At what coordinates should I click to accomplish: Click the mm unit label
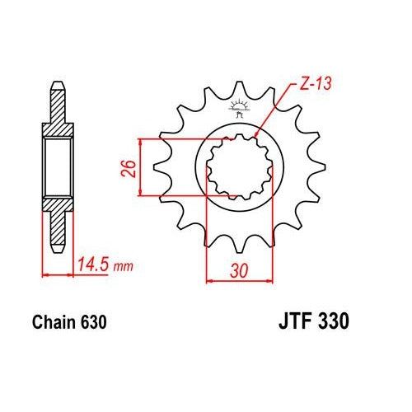122,266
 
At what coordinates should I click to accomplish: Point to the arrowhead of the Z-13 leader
259,134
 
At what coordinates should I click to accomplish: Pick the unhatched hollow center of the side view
58,169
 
